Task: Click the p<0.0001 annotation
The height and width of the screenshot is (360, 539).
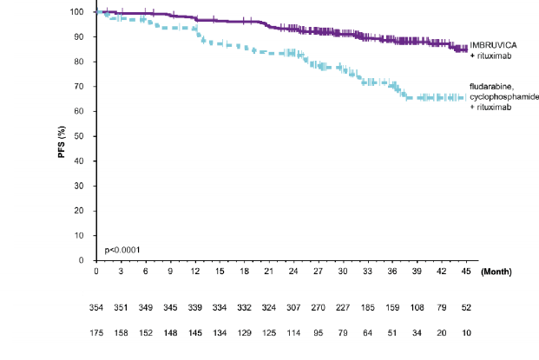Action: coord(123,250)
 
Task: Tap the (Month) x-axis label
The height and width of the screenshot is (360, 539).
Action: coord(496,272)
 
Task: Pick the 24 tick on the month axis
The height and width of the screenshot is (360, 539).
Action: coord(293,272)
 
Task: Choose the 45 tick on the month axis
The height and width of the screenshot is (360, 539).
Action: coord(465,272)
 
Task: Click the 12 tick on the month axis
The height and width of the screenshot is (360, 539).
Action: coord(195,272)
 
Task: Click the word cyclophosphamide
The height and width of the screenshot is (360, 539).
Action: coord(500,96)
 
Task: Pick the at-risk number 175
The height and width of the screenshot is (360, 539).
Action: coord(96,332)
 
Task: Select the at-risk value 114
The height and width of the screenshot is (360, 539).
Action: coord(293,332)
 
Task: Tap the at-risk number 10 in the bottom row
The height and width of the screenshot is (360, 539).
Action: coord(465,332)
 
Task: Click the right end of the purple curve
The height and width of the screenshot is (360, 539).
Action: coord(465,49)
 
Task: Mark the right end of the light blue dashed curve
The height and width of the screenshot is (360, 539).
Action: coord(465,97)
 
